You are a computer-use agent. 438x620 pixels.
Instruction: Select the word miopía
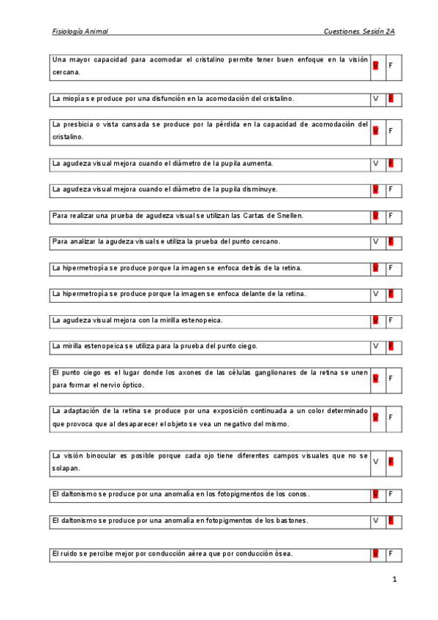(78, 98)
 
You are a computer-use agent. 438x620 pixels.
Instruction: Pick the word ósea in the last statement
(283, 553)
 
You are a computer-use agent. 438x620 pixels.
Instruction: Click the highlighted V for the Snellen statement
(376, 216)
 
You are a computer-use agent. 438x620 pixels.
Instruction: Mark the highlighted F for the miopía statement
(391, 98)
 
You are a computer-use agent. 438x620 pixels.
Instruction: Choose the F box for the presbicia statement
(391, 130)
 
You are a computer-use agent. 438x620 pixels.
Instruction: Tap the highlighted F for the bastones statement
(391, 521)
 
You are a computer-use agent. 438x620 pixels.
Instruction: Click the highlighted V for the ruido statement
(376, 553)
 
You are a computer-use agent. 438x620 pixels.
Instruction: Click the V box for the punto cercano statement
(376, 241)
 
